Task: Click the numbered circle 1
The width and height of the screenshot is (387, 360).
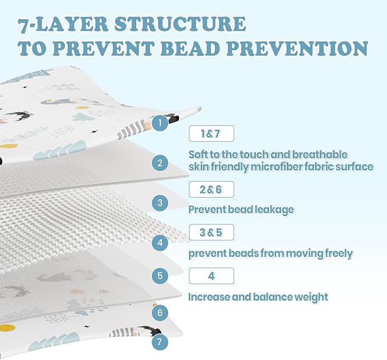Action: coord(160,122)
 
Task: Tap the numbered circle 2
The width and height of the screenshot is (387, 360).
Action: coord(160,163)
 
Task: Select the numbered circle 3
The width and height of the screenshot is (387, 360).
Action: coord(160,203)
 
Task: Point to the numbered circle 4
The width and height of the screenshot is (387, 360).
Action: coord(160,243)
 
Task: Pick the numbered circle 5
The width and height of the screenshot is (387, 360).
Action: coord(160,275)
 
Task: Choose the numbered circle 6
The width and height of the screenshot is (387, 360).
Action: coord(160,313)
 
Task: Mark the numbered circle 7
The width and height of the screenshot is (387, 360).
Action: coord(160,342)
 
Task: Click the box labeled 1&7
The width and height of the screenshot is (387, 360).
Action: coord(211,133)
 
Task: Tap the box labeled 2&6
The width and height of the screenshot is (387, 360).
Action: coord(211,189)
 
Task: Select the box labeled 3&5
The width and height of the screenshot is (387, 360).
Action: coord(211,232)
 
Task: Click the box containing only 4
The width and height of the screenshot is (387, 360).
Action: coord(211,276)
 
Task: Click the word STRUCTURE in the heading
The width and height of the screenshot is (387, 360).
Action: coord(180,24)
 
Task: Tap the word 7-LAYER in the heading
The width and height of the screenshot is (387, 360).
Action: coord(63,24)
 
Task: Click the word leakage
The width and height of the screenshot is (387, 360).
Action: coord(274,210)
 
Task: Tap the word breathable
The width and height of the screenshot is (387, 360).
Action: coord(320,155)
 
